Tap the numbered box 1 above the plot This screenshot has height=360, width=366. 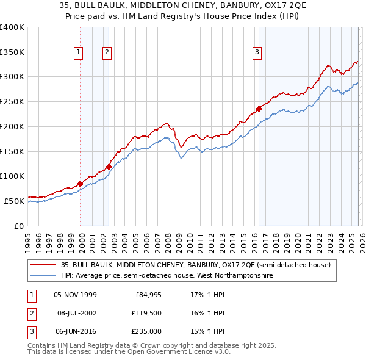[79, 53]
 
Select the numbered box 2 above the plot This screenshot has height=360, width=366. [107, 53]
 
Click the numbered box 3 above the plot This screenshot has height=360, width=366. [257, 53]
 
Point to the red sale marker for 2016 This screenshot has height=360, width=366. [259, 109]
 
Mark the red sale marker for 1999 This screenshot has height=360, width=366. [81, 183]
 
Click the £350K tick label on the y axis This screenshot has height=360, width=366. [12, 52]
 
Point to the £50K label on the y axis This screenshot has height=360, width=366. [14, 201]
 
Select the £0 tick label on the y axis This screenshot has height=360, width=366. [18, 226]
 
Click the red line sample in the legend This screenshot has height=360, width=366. [43, 265]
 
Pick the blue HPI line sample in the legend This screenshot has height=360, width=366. [43, 276]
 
